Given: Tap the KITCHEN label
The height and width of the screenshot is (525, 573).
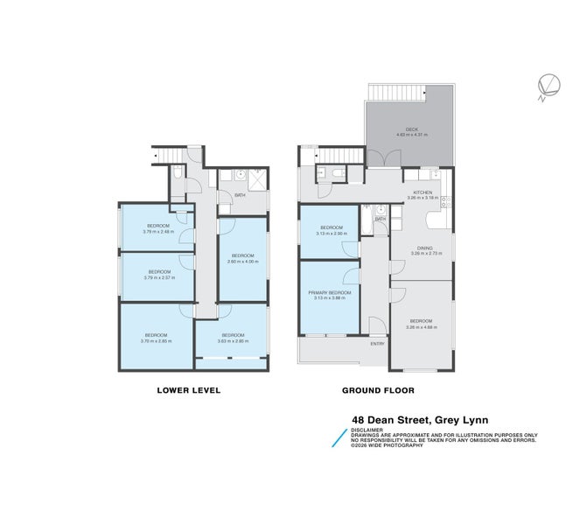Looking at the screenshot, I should (x=423, y=192).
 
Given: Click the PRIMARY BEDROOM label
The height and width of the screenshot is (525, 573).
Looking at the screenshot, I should (x=329, y=292).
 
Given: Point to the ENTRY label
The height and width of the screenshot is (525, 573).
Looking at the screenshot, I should (x=377, y=344).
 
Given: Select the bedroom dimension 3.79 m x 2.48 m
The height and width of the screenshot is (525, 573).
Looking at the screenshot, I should (x=157, y=232).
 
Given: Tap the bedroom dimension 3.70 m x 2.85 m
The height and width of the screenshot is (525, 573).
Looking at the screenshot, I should (x=157, y=340).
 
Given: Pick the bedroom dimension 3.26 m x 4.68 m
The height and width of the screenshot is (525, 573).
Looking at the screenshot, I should (x=422, y=328).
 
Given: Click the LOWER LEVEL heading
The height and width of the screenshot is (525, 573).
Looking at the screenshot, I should (x=188, y=390).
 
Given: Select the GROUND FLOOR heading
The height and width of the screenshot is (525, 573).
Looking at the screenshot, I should (x=379, y=390).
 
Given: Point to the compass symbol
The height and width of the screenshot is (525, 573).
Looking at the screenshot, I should (x=548, y=85).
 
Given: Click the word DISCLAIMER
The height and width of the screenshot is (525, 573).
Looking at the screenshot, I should (x=367, y=430).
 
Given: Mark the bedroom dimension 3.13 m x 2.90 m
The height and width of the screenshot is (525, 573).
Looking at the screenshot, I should (x=329, y=234).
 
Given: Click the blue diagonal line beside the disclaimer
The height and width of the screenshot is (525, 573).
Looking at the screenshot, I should (x=338, y=437).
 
